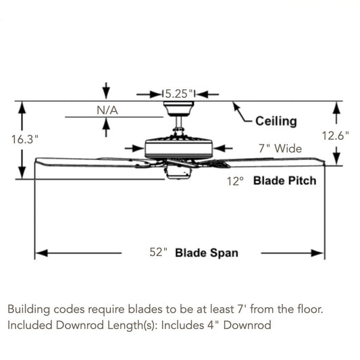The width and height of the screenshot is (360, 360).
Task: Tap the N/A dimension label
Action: point(107,111)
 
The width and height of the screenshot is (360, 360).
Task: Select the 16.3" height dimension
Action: point(24,139)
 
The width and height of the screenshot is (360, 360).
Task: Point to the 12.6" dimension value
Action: point(335,136)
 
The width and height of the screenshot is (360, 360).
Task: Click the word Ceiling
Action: point(276,121)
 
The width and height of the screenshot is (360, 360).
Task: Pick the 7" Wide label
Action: point(280,149)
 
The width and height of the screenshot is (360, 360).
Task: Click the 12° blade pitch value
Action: point(235,181)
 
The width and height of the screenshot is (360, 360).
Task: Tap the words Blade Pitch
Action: point(285,180)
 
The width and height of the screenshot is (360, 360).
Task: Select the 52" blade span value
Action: point(159,252)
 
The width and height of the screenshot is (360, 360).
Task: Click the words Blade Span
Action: point(207,253)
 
